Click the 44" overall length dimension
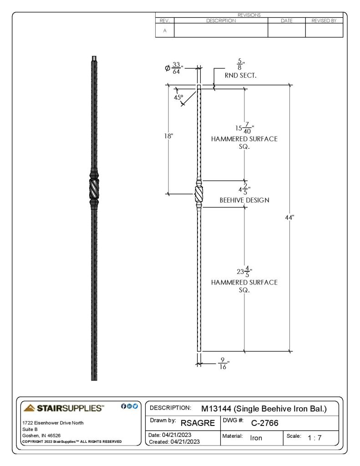click(x=289, y=218)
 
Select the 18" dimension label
click(x=168, y=136)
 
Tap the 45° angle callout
click(x=178, y=97)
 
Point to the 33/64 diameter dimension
click(x=174, y=68)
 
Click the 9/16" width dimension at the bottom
click(x=223, y=364)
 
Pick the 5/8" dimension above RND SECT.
click(x=240, y=64)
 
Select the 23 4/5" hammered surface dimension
click(x=244, y=272)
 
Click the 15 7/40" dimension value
click(x=245, y=128)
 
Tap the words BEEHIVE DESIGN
click(x=244, y=200)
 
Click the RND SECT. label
click(x=240, y=76)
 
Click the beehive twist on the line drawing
click(x=199, y=194)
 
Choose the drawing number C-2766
click(x=264, y=423)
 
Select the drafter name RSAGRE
click(x=198, y=423)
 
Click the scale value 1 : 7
click(x=314, y=438)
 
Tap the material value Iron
click(x=256, y=438)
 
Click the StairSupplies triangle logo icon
click(x=29, y=408)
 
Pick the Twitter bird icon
click(x=135, y=406)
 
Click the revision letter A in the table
click(x=165, y=30)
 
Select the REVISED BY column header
click(x=324, y=20)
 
